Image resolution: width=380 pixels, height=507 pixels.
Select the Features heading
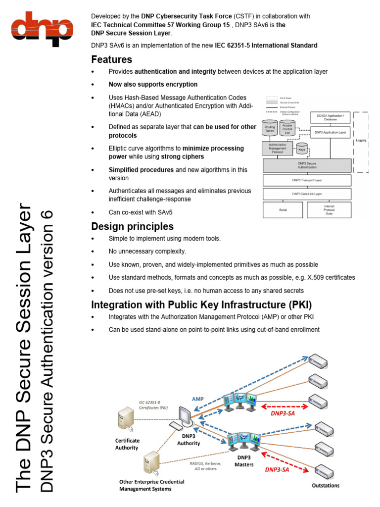coord(111,60)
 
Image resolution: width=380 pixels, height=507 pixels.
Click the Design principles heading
coord(132,227)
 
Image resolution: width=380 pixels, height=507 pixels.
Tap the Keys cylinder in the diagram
coord(301,149)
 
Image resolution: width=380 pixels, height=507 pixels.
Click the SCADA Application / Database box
coord(330,117)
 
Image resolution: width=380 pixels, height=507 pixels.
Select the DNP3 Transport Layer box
coord(307,180)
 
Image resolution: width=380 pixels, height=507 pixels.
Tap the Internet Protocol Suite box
coord(329,210)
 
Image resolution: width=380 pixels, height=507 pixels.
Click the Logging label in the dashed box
coord(361,140)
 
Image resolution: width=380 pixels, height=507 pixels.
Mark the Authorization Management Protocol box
coord(277,148)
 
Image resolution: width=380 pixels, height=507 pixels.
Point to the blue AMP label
coord(197,398)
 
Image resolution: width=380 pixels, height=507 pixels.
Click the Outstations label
coord(326,486)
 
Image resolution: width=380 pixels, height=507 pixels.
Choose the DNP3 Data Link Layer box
coord(307,194)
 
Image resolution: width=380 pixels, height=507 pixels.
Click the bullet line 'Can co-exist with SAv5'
coord(141,212)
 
